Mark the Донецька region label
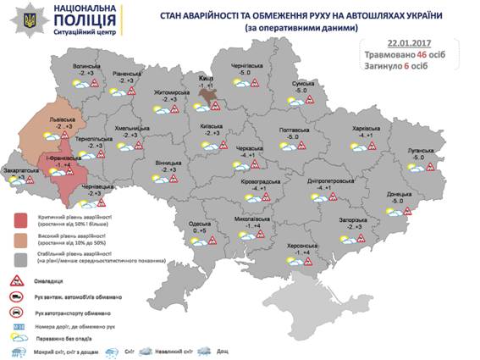point(399,194)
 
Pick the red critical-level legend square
point(21,222)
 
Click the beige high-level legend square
point(21,240)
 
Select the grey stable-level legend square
point(21,258)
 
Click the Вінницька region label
point(168,163)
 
